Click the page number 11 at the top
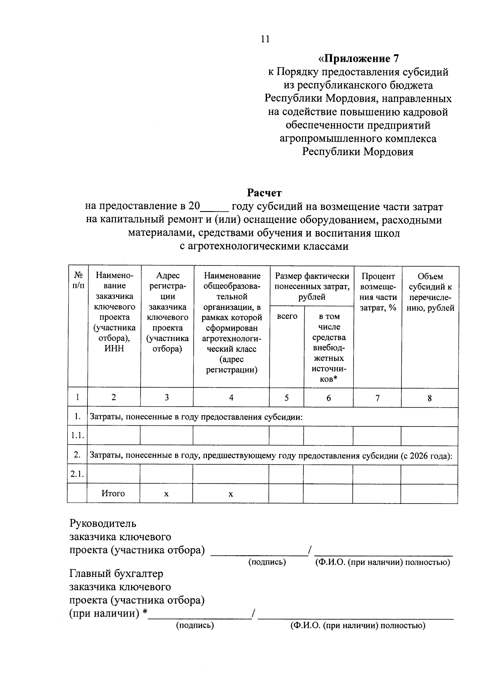coord(265,39)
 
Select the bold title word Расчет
coord(264,192)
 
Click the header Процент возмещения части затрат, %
coord(378,292)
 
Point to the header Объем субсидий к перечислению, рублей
coord(430,292)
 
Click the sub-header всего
coord(287,316)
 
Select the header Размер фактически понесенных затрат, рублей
coord(312,286)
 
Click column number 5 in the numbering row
coord(287,397)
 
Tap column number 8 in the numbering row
coord(430,398)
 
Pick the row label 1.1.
coord(77,436)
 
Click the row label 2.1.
coord(77,474)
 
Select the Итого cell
coord(113,493)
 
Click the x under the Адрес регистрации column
coord(166,494)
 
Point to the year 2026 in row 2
coord(421,456)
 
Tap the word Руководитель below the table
coord(103,523)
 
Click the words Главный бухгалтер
coord(116,574)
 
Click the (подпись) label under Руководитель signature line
coord(267,562)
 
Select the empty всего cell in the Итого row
coord(286,493)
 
